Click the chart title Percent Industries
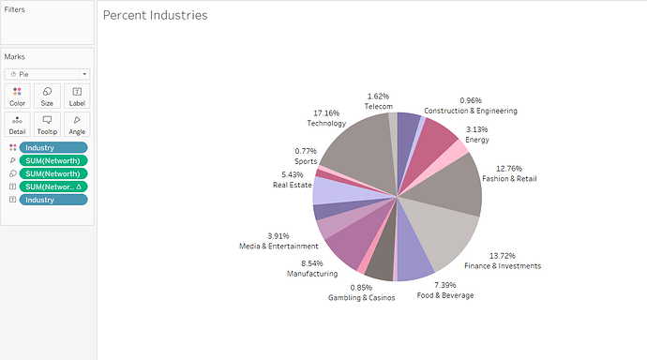click(155, 16)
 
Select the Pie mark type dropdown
click(47, 73)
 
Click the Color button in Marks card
click(17, 96)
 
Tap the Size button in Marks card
click(47, 96)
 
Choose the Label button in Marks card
click(77, 96)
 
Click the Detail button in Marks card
click(17, 125)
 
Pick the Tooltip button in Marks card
click(47, 125)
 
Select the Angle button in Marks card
click(77, 125)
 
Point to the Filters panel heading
click(15, 9)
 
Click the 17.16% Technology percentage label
click(324, 112)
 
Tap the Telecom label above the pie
click(378, 107)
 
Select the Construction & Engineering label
click(470, 111)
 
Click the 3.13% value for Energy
click(477, 129)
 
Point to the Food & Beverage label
click(444, 295)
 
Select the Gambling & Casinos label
click(361, 297)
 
